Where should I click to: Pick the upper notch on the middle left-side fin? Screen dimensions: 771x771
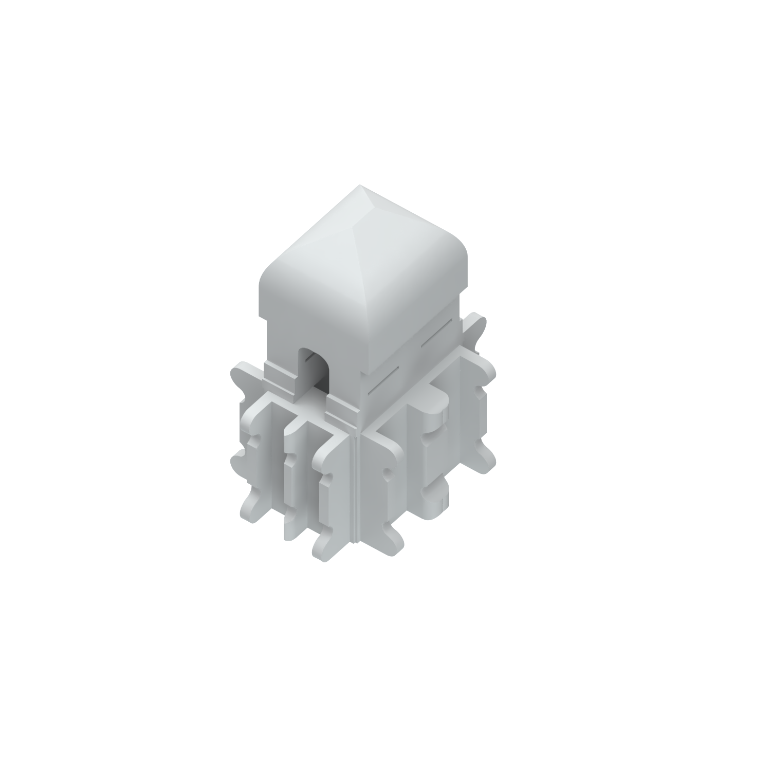(289, 463)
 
